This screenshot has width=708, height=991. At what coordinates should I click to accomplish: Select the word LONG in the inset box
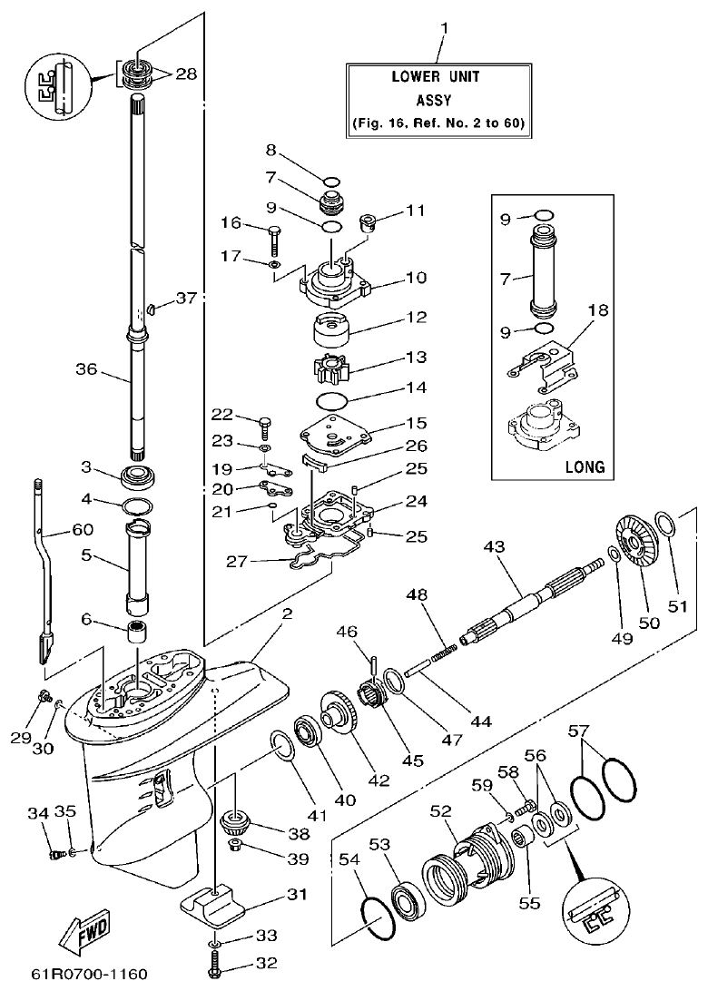tap(585, 467)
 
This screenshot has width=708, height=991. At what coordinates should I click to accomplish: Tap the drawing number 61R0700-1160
tap(89, 975)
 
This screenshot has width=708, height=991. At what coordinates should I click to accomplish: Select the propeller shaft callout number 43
tap(493, 549)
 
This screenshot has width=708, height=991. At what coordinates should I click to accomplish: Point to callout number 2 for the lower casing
tap(287, 614)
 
